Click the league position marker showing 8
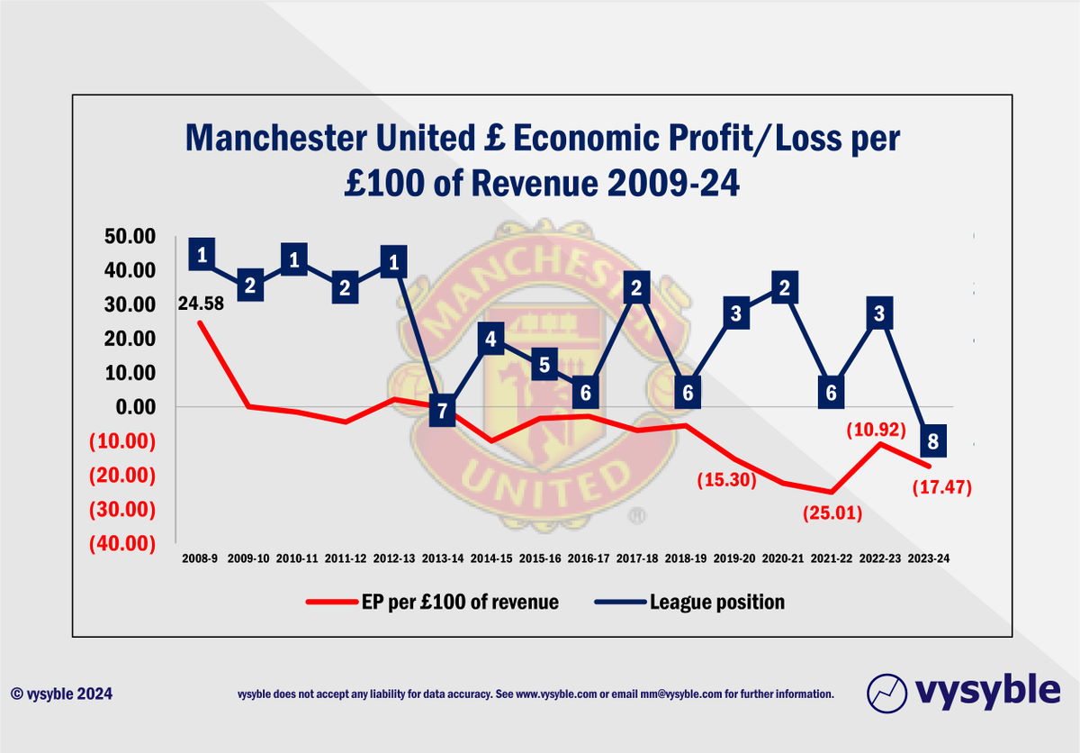[x=933, y=441]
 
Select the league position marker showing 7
[x=442, y=411]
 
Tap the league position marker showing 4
[x=491, y=340]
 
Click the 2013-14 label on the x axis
[x=443, y=558]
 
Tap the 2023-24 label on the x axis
[x=930, y=558]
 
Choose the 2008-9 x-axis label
[x=198, y=558]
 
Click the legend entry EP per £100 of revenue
[x=432, y=603]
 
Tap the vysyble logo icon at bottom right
[x=886, y=693]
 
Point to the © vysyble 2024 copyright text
[x=62, y=694]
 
